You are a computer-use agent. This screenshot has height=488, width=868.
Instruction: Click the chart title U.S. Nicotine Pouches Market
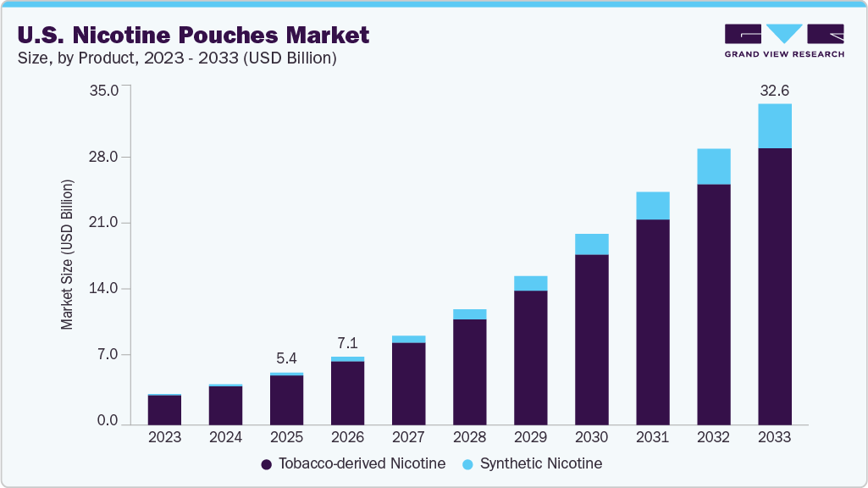(192, 35)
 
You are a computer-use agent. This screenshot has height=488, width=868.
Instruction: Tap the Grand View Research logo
(783, 41)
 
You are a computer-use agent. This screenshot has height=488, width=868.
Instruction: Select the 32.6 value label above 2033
(774, 90)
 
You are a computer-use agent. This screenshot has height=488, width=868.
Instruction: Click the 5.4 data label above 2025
(286, 358)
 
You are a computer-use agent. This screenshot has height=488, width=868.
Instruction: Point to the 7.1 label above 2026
(347, 343)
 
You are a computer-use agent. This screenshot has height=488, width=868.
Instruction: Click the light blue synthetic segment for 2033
(774, 126)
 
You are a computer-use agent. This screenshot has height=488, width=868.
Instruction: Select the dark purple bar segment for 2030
(591, 339)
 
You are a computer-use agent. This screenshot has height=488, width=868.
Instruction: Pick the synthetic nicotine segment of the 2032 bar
(713, 166)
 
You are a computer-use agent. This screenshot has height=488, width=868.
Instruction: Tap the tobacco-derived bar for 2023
(164, 409)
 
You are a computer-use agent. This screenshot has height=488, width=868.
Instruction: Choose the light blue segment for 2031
(652, 206)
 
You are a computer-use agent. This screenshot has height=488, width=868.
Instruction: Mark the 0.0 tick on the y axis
(108, 421)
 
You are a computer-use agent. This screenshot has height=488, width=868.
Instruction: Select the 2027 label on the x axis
(408, 438)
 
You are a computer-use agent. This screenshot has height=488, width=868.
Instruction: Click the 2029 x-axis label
(530, 438)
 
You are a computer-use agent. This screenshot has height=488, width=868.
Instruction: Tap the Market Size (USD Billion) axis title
(67, 255)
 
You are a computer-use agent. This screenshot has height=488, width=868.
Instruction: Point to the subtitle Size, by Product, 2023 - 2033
(177, 58)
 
